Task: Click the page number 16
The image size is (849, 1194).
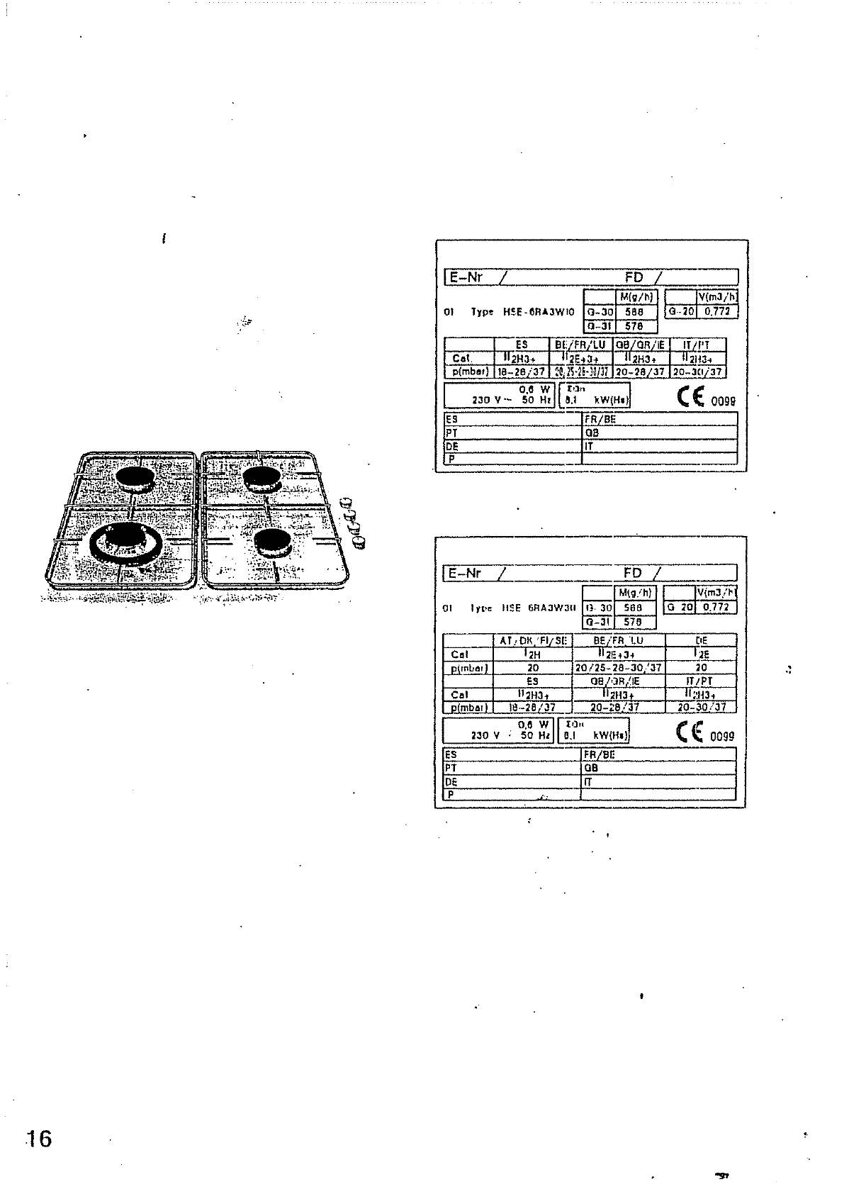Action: tap(39, 1139)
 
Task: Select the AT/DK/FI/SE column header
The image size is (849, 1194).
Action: tap(533, 640)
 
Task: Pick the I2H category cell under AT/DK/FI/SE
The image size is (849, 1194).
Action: tap(533, 654)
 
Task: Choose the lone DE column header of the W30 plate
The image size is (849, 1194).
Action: tap(701, 640)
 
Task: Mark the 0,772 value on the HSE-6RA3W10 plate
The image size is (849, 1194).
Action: tap(718, 311)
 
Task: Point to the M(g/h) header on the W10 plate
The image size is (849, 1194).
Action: tap(636, 298)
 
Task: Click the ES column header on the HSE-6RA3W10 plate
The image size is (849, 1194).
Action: tap(522, 345)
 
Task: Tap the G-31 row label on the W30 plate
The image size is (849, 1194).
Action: tap(598, 622)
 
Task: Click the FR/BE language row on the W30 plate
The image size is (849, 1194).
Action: tap(600, 754)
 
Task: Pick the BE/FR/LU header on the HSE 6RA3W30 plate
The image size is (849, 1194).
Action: tap(619, 640)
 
